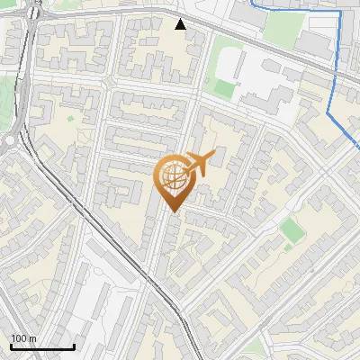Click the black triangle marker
(x=181, y=24)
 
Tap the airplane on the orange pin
(x=197, y=164)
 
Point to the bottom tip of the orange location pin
(x=172, y=212)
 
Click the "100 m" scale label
(x=23, y=338)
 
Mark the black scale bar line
(x=42, y=346)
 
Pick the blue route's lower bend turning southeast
(x=329, y=115)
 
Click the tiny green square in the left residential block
(x=70, y=118)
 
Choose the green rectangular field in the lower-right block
(x=291, y=229)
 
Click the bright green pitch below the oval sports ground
(x=222, y=87)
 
